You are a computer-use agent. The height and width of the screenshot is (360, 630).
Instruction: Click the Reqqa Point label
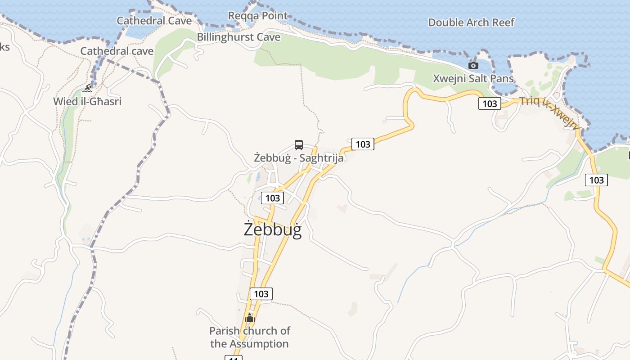(x=257, y=16)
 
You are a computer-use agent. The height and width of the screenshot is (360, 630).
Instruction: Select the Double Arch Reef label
(x=471, y=22)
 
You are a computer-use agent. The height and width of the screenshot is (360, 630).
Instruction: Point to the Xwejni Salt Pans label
(x=473, y=78)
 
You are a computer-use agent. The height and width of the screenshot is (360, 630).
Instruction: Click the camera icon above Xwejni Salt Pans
(x=473, y=66)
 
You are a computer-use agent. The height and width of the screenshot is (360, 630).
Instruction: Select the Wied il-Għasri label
(x=87, y=101)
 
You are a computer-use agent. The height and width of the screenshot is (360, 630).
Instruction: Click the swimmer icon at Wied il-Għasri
(x=88, y=88)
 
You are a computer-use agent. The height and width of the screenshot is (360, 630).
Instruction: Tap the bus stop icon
(x=299, y=145)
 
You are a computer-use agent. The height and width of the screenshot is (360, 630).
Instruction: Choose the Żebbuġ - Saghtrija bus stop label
(x=299, y=158)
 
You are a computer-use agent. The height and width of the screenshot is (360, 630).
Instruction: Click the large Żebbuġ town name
(x=273, y=229)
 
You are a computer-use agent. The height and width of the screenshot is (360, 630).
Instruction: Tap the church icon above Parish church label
(x=250, y=318)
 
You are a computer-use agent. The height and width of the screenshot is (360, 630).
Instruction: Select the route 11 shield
(x=233, y=358)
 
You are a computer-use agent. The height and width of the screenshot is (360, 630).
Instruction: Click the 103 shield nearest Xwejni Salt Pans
(x=490, y=103)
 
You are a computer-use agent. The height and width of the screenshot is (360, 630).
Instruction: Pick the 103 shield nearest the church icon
(x=261, y=294)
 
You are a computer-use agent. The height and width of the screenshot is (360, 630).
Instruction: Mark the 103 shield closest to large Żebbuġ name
(x=273, y=198)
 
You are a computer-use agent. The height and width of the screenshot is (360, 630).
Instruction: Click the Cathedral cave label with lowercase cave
(x=117, y=51)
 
